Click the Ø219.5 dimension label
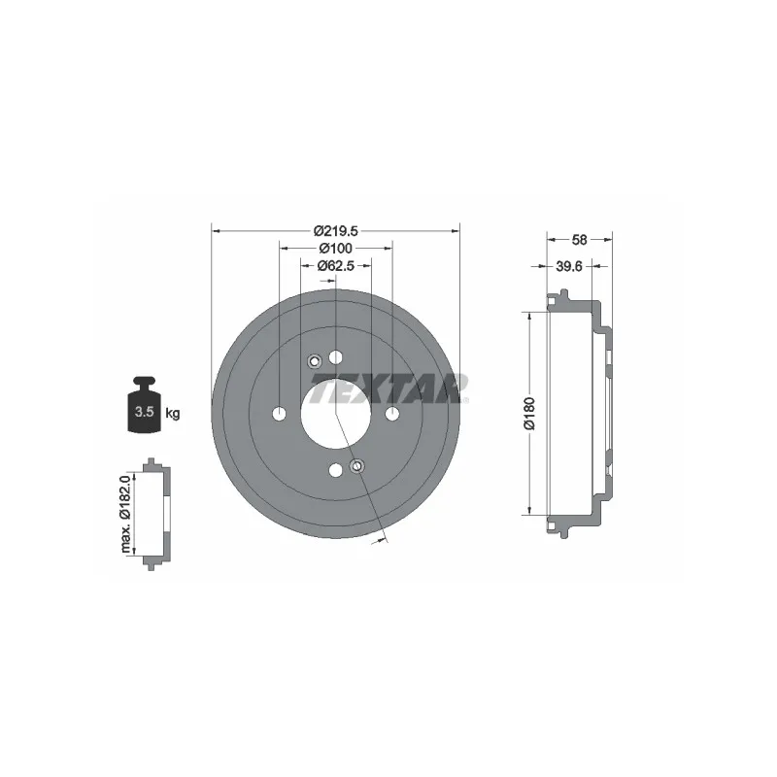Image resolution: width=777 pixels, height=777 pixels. tap(336, 231)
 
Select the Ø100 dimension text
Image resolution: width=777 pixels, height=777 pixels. tap(335, 248)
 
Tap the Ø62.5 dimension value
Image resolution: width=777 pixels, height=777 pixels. tap(335, 266)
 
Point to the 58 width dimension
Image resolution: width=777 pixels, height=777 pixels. tap(579, 240)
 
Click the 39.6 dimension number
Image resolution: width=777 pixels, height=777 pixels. tap(569, 266)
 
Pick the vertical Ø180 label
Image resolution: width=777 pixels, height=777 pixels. tap(529, 413)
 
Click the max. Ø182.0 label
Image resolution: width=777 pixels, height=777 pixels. tap(125, 514)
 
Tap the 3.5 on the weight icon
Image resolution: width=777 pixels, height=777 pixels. tap(144, 411)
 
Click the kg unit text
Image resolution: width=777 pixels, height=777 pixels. tap(173, 413)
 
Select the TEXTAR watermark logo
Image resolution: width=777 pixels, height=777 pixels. tap(389, 388)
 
